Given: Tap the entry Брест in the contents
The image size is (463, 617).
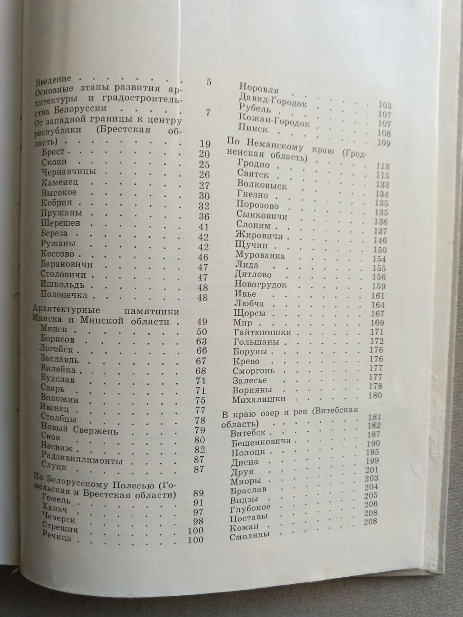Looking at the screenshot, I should pyautogui.click(x=53, y=152).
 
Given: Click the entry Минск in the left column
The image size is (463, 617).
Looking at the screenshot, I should pyautogui.click(x=54, y=330).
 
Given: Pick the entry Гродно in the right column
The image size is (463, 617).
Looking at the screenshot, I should pyautogui.click(x=252, y=166).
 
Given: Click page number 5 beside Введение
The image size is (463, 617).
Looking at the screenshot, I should pyautogui.click(x=209, y=82).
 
